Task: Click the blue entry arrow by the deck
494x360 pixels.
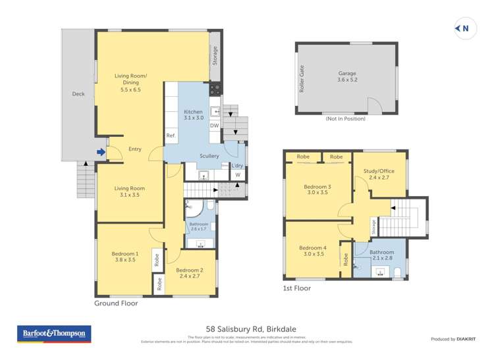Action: (100, 153)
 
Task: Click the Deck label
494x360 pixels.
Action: (78, 94)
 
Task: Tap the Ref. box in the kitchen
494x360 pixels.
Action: (171, 136)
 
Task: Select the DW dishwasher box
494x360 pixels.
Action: (214, 125)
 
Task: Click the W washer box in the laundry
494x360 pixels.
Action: (237, 175)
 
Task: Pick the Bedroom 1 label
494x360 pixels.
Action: (124, 257)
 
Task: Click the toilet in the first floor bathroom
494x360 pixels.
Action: (397, 274)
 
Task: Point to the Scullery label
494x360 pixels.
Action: (209, 156)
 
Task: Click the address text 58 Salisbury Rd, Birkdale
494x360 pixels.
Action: (246, 328)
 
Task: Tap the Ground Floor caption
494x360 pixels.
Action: (115, 303)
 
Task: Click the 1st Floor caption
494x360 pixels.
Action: (296, 288)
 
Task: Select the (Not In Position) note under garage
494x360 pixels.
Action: (345, 118)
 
